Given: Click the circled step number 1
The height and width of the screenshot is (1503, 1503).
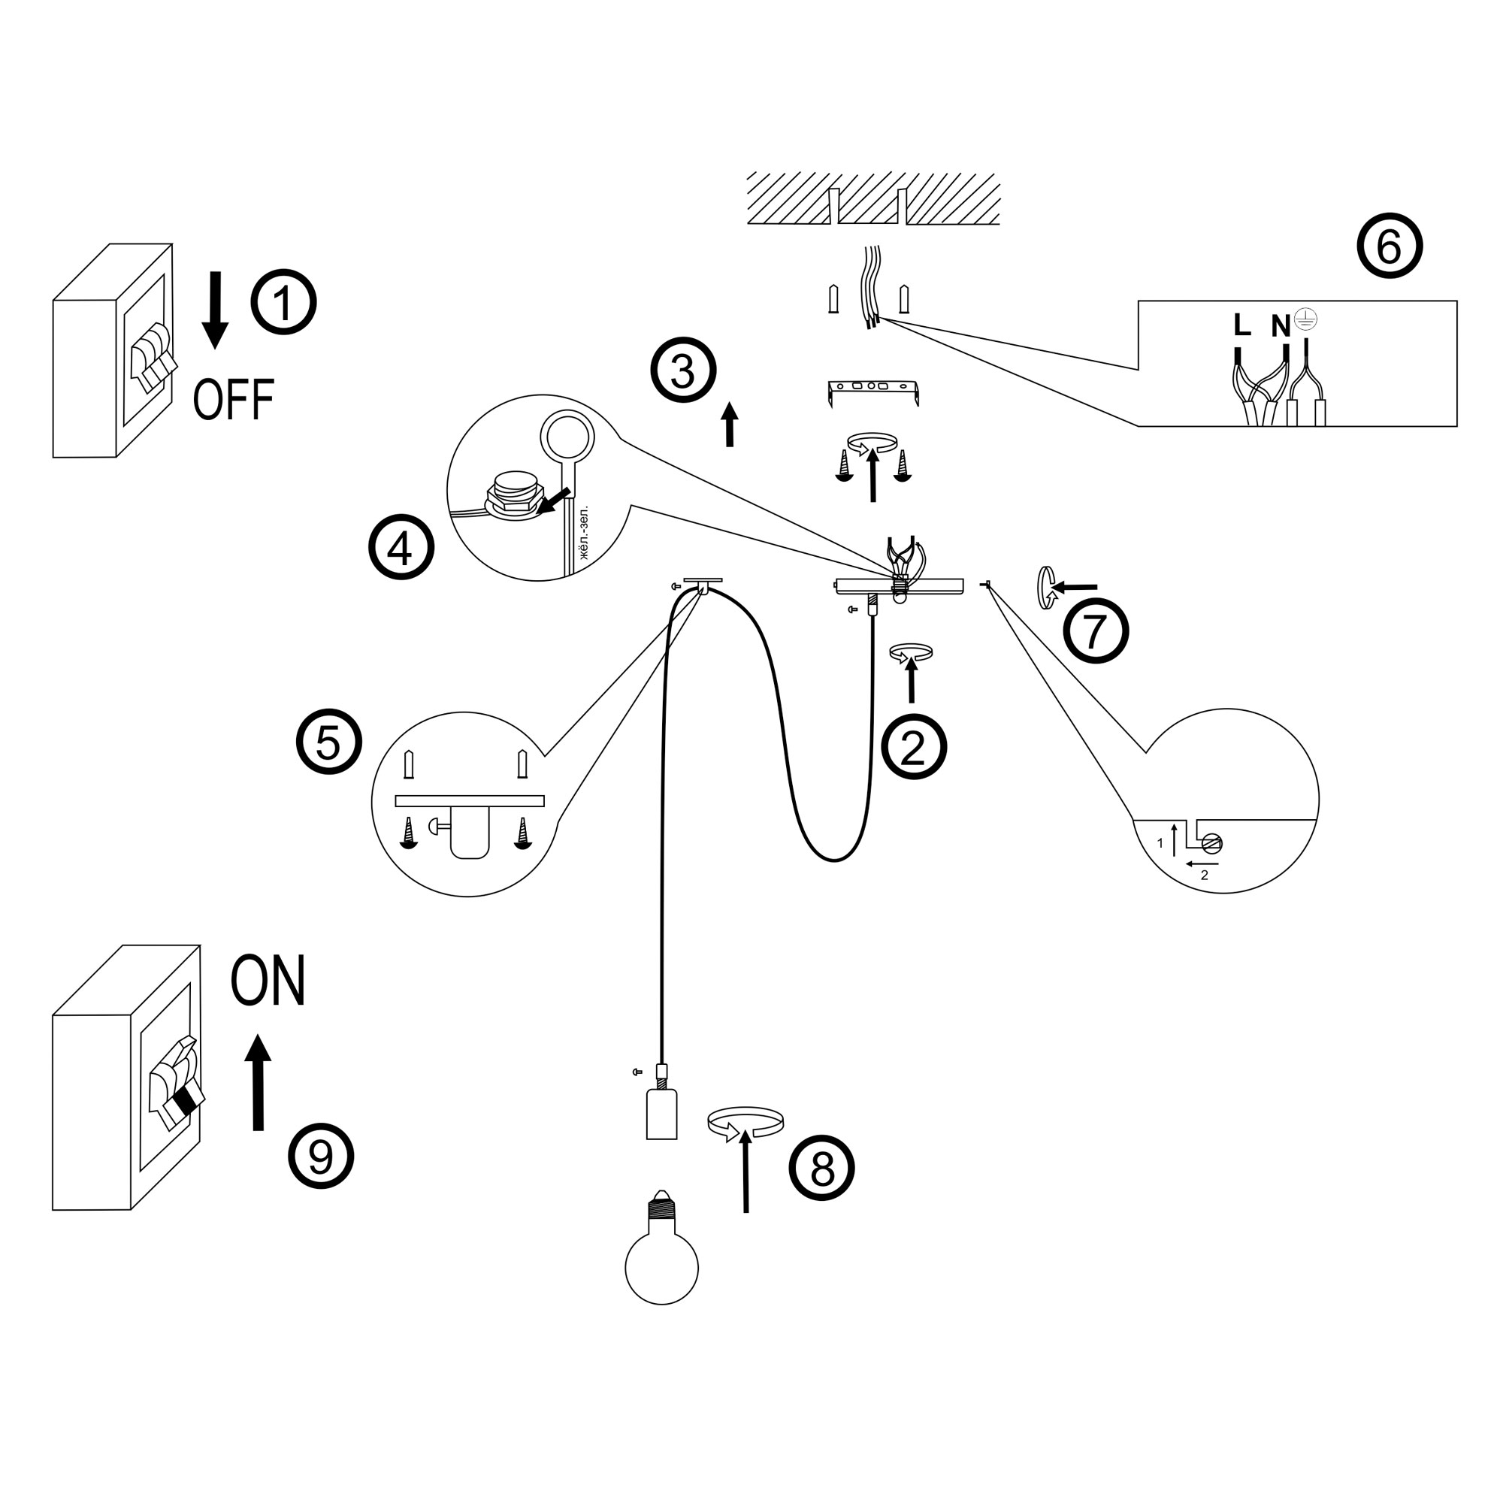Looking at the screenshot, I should pyautogui.click(x=283, y=303).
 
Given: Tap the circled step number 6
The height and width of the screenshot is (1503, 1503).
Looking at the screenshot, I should pyautogui.click(x=1390, y=246).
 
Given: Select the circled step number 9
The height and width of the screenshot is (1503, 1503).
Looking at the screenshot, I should pyautogui.click(x=321, y=1156).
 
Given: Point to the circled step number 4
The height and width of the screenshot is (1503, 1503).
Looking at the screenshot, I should pyautogui.click(x=401, y=548).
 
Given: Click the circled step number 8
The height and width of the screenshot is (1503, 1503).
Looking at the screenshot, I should pyautogui.click(x=821, y=1168).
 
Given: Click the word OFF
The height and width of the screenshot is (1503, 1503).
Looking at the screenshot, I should pyautogui.click(x=234, y=400).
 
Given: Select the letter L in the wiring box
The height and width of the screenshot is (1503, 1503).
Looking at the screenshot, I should pyautogui.click(x=1241, y=325).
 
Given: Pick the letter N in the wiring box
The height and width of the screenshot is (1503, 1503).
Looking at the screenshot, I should pyautogui.click(x=1280, y=326).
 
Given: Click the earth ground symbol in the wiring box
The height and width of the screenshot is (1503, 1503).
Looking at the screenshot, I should pyautogui.click(x=1305, y=319).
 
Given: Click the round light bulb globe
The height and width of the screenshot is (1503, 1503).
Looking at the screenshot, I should pyautogui.click(x=661, y=1267).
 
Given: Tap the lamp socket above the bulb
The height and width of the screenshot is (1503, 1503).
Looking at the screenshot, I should pyautogui.click(x=661, y=1114).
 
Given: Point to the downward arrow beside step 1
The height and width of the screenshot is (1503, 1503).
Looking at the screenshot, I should pyautogui.click(x=215, y=310).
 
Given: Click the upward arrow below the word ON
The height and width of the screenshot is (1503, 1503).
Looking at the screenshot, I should pyautogui.click(x=259, y=1082).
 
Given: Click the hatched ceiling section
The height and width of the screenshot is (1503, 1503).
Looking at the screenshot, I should pyautogui.click(x=872, y=198).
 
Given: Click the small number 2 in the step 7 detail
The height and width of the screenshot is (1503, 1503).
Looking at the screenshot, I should pyautogui.click(x=1204, y=875).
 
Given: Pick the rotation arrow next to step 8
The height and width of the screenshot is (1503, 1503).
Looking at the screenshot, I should pyautogui.click(x=745, y=1123).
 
